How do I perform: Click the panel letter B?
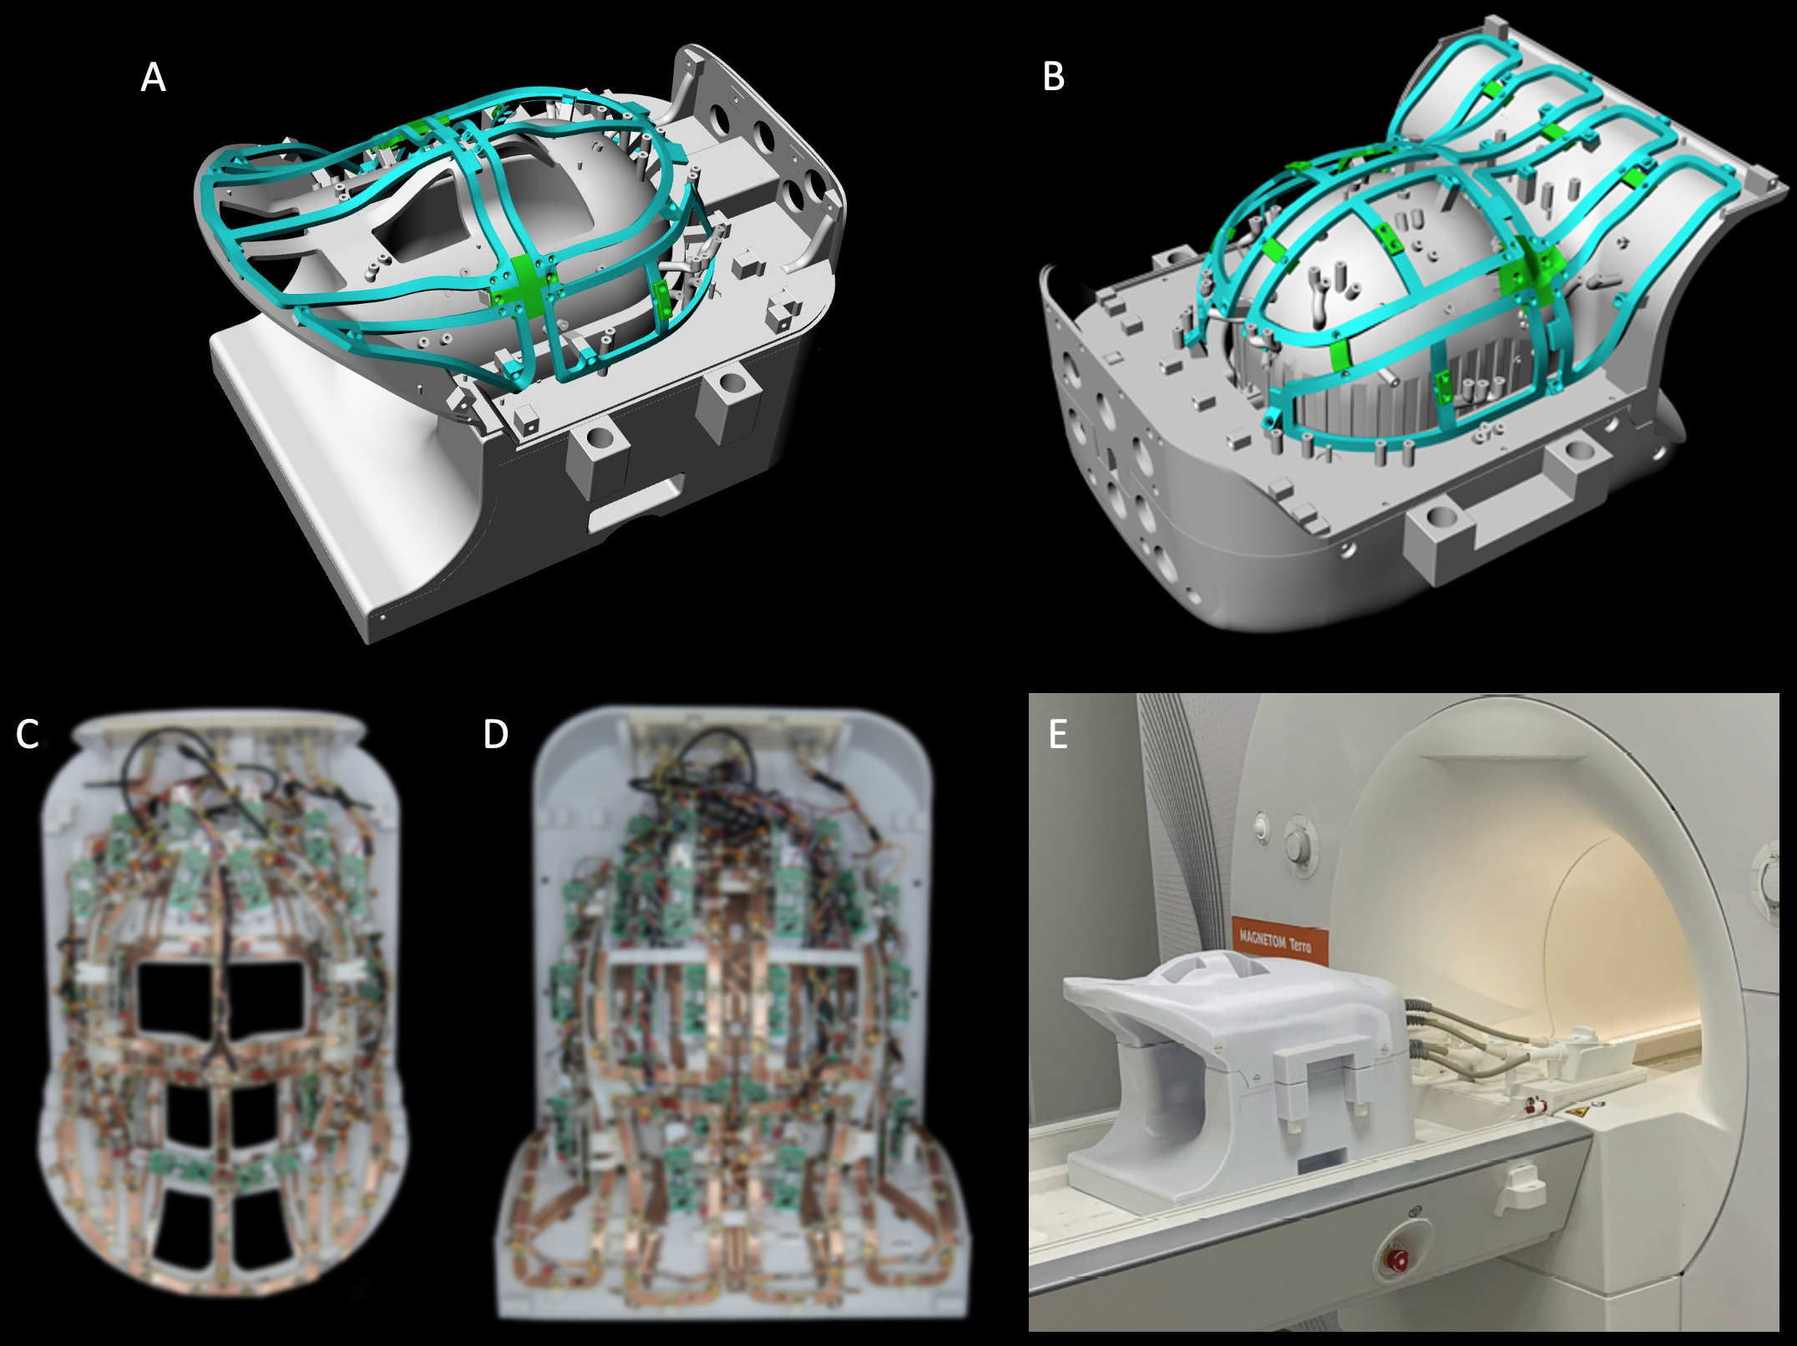click(1053, 76)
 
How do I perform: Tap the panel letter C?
click(28, 734)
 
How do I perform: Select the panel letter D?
click(495, 734)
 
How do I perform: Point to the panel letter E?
click(1058, 735)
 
